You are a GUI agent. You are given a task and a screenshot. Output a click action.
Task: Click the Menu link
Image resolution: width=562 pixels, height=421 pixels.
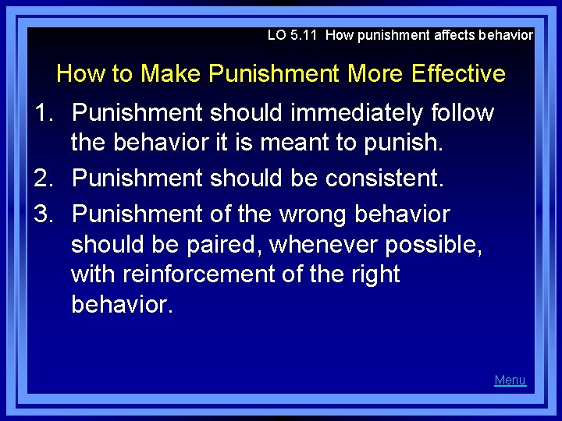510,380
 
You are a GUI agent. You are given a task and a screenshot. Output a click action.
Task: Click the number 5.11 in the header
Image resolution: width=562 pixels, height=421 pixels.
306,35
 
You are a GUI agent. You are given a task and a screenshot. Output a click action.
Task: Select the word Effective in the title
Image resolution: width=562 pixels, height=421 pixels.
458,74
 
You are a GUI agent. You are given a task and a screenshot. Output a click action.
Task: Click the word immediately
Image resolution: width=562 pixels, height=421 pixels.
357,113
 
